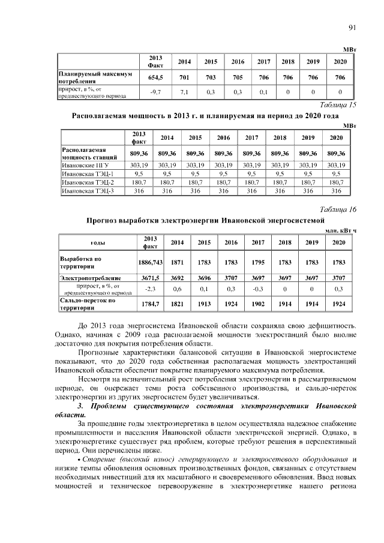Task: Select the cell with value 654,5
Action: click(156, 77)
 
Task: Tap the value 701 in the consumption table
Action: click(184, 77)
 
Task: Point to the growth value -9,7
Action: click(156, 92)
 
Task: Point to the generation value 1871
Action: click(177, 262)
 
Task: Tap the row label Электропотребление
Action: click(90, 278)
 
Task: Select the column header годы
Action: click(98, 242)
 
